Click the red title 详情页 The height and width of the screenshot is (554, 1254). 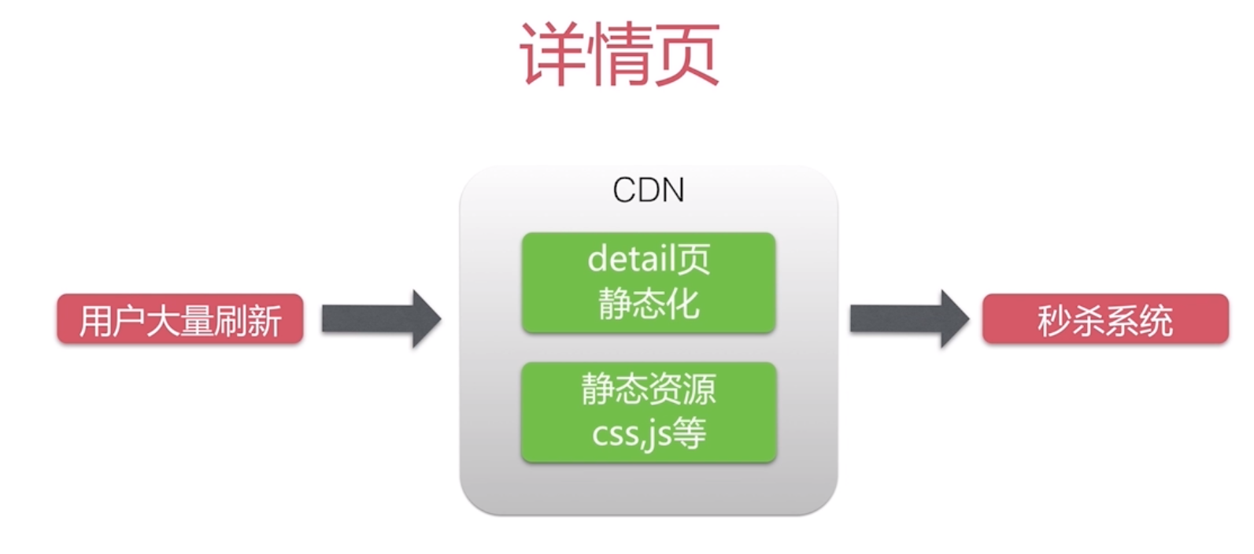point(620,54)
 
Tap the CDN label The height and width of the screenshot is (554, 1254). point(648,190)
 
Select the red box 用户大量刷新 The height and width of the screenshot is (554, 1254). point(179,319)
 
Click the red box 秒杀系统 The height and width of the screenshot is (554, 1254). point(1104,319)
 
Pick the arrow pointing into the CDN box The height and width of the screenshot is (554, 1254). point(382,319)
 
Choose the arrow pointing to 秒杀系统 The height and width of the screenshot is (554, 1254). point(909,319)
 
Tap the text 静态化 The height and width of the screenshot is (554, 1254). point(648,303)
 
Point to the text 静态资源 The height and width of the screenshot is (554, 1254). point(648,389)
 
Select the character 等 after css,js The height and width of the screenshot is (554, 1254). point(689,433)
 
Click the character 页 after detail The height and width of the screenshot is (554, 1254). point(694,259)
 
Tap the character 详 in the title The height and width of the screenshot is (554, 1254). point(552,54)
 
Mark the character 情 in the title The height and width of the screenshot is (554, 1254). point(620,54)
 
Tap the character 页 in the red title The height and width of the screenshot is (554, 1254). point(687,54)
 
